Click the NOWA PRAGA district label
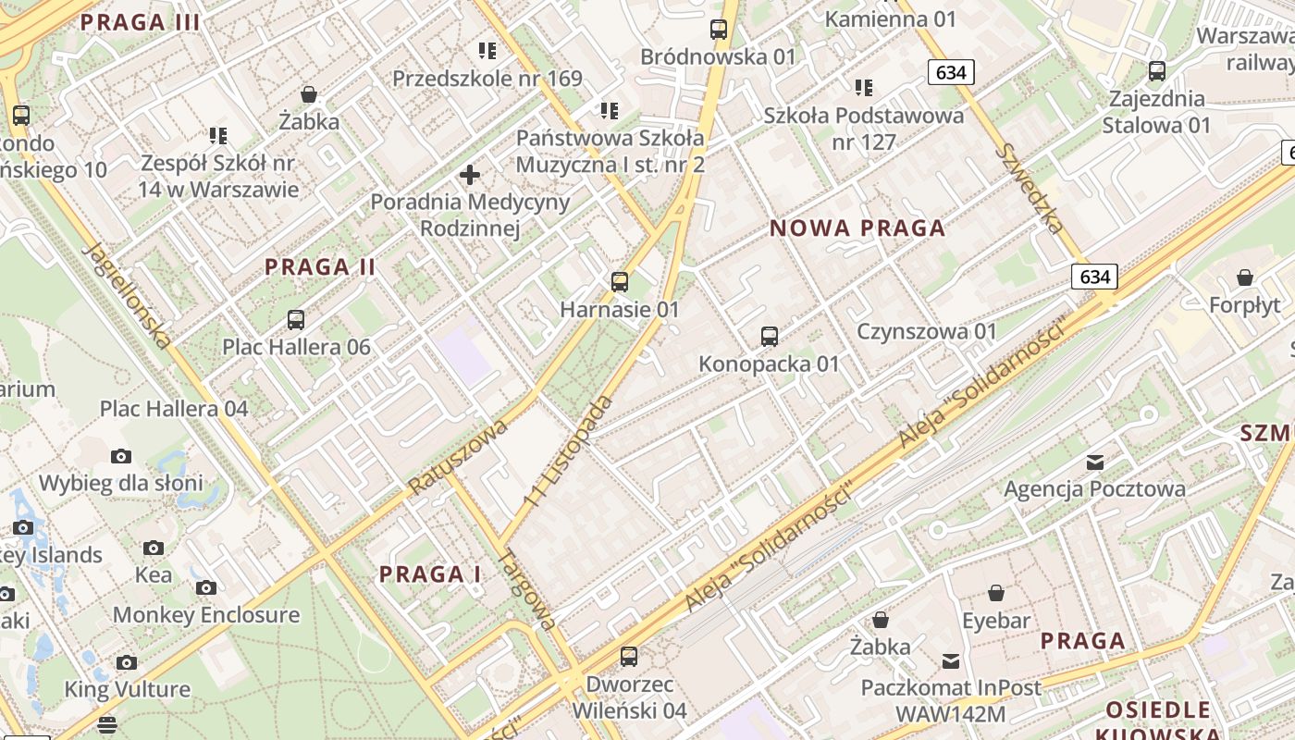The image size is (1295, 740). pyautogui.click(x=857, y=228)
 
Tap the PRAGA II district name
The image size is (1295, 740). pyautogui.click(x=320, y=267)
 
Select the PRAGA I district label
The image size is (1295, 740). pyautogui.click(x=430, y=574)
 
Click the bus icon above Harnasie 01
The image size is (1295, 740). pyautogui.click(x=620, y=282)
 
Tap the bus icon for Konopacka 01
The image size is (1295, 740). pyautogui.click(x=769, y=337)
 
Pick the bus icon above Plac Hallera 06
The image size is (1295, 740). pyautogui.click(x=296, y=320)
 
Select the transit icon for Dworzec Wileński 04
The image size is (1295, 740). pyautogui.click(x=629, y=657)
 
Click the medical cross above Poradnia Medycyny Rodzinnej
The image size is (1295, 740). pyautogui.click(x=470, y=174)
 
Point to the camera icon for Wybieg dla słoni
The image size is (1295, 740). pyautogui.click(x=120, y=456)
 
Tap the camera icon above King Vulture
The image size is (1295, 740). pyautogui.click(x=127, y=662)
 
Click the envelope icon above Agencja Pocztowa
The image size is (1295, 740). pyautogui.click(x=1095, y=462)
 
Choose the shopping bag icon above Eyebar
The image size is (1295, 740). pyautogui.click(x=996, y=593)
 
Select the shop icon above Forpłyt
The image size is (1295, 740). pyautogui.click(x=1245, y=277)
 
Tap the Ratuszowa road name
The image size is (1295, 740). pyautogui.click(x=458, y=456)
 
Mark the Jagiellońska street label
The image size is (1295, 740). pyautogui.click(x=127, y=295)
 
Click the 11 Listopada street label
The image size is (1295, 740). pyautogui.click(x=568, y=450)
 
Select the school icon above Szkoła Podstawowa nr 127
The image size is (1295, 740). pyautogui.click(x=864, y=88)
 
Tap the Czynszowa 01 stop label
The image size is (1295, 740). pyautogui.click(x=927, y=331)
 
